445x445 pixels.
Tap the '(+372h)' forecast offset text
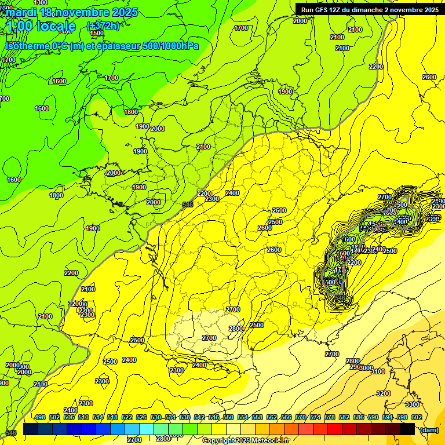click(x=103, y=25)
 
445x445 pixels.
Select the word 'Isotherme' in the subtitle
click(x=27, y=46)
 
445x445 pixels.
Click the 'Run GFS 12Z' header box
click(x=369, y=9)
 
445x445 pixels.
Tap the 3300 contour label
click(x=413, y=404)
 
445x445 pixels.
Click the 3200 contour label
click(x=384, y=393)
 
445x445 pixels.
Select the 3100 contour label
click(x=378, y=371)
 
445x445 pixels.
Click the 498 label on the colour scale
click(x=40, y=417)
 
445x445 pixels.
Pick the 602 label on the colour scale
click(x=416, y=417)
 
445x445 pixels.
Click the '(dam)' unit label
click(x=429, y=429)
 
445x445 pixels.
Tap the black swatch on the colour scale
click(x=407, y=429)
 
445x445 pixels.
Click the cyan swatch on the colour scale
click(x=147, y=429)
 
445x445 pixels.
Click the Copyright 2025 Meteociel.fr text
click(x=246, y=440)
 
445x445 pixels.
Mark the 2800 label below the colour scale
click(x=163, y=439)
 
